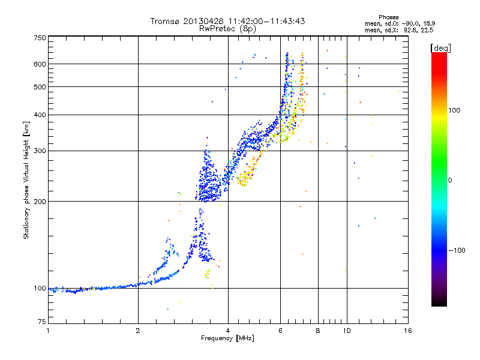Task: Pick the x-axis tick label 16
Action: [407, 331]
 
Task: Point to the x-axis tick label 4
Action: [228, 331]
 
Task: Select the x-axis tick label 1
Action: [48, 331]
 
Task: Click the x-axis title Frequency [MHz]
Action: [228, 339]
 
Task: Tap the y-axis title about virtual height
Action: [26, 181]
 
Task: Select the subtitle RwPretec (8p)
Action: [228, 28]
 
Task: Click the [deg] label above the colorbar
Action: [440, 47]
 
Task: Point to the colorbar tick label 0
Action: [449, 180]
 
